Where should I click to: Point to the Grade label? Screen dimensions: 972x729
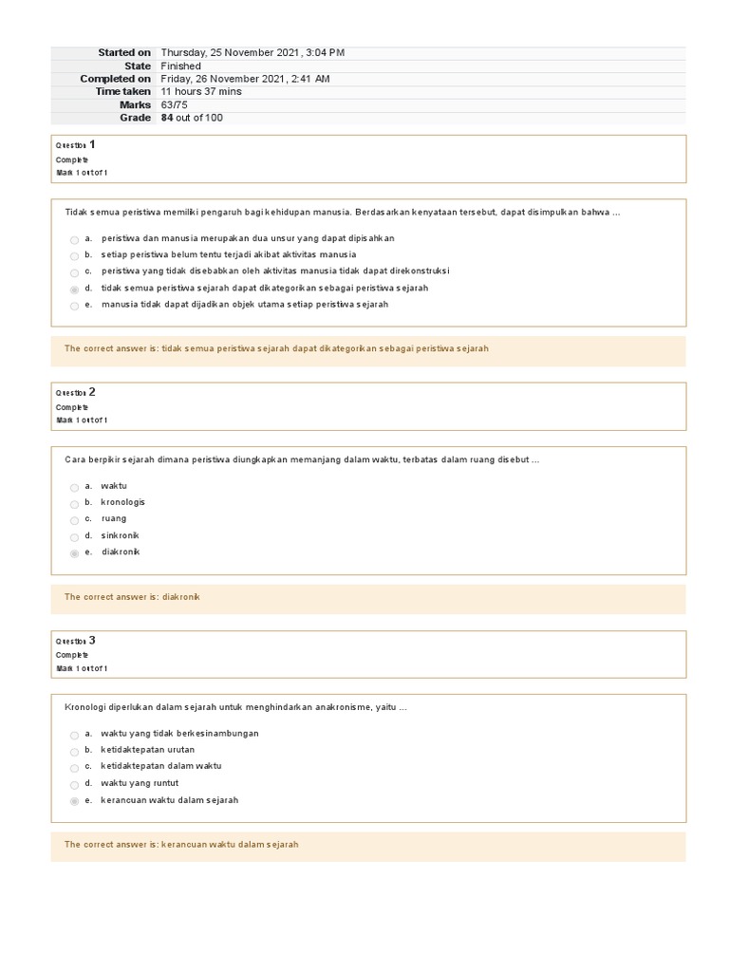click(135, 118)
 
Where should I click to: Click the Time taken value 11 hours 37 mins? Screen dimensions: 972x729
click(201, 92)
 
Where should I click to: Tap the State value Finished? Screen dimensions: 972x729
click(181, 66)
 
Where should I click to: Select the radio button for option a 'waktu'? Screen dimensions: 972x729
click(74, 488)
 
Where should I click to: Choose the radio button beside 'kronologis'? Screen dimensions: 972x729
click(74, 504)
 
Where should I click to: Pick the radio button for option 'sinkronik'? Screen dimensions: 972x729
click(74, 537)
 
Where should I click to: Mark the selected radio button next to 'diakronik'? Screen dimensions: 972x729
click(74, 553)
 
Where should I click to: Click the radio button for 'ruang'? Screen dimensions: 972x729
click(74, 520)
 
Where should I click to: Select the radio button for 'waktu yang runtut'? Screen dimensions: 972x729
click(74, 785)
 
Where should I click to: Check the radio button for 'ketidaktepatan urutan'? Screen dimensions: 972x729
click(74, 752)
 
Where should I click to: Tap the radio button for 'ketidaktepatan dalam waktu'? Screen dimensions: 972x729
click(74, 768)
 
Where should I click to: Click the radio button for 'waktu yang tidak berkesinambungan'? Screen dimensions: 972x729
click(74, 736)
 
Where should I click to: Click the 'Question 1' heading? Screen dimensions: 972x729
click(76, 144)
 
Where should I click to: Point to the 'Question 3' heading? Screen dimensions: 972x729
click(76, 641)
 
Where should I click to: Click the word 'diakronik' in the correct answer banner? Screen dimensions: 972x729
click(181, 597)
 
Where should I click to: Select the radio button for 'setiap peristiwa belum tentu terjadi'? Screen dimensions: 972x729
click(74, 256)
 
